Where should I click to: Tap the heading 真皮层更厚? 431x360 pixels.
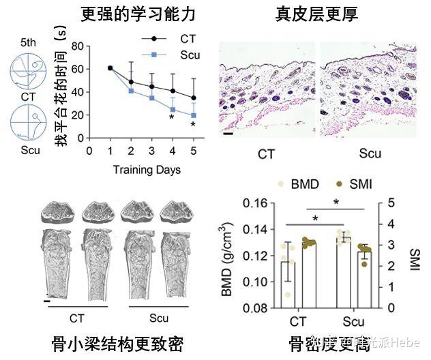(317, 13)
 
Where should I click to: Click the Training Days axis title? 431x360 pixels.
(147, 169)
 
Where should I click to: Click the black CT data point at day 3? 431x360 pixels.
(151, 87)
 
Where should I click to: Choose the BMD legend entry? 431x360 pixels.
(303, 184)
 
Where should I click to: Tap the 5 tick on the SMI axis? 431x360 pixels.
(391, 203)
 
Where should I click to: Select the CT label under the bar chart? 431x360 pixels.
(298, 320)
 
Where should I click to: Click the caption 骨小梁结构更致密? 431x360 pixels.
(117, 343)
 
